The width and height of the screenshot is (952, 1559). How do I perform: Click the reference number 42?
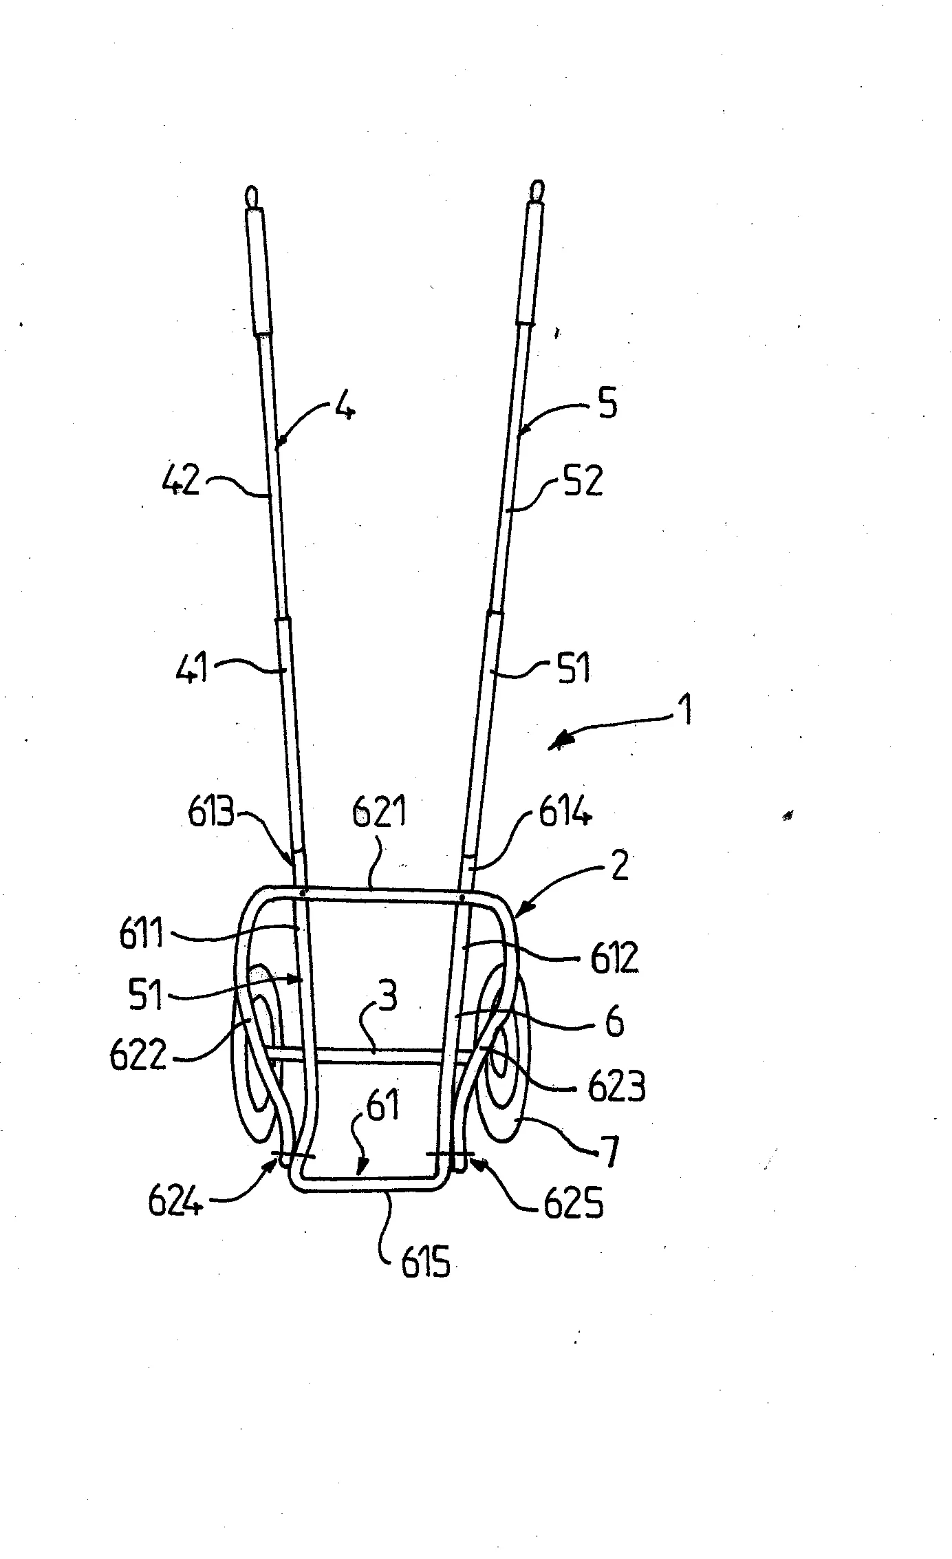click(x=181, y=481)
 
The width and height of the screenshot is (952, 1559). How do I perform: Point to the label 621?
click(x=379, y=815)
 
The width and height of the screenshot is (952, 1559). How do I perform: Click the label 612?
click(x=614, y=958)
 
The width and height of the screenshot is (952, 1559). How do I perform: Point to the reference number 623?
click(x=616, y=1088)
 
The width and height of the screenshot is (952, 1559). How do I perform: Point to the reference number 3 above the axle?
click(x=388, y=997)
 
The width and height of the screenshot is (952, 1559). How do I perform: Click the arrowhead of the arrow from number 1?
click(x=559, y=744)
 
